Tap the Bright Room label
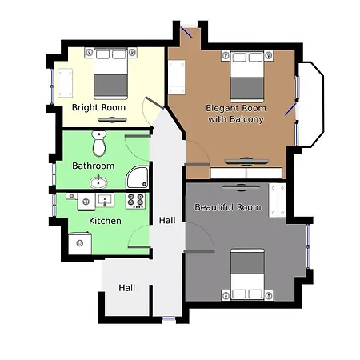point(99,107)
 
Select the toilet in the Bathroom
point(99,144)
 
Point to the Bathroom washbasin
point(99,182)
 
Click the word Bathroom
point(94,166)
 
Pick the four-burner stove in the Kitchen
point(134,199)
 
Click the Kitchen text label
point(105,221)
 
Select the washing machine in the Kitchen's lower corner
point(80,241)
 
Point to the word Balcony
point(248,119)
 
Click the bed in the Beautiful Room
point(247,274)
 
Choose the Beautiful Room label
point(228,207)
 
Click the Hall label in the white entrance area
point(126,288)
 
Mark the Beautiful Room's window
point(309,247)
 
